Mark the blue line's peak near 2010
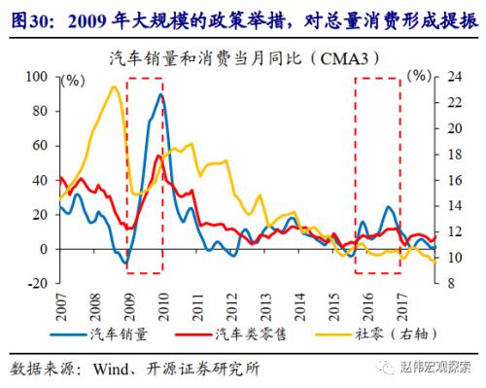point(159,94)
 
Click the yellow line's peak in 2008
point(114,87)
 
